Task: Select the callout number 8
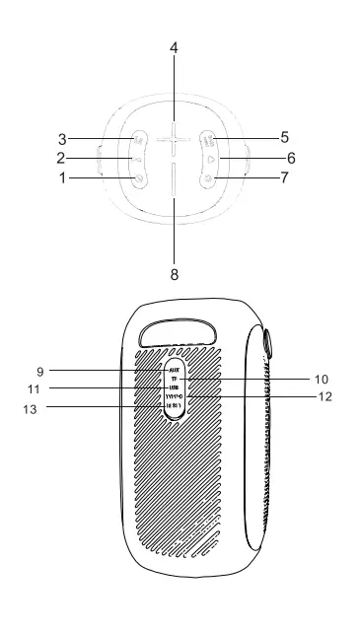(x=174, y=276)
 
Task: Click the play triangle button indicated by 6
(x=209, y=158)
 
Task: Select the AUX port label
(x=173, y=370)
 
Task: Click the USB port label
(x=174, y=387)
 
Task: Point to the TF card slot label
(x=175, y=379)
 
